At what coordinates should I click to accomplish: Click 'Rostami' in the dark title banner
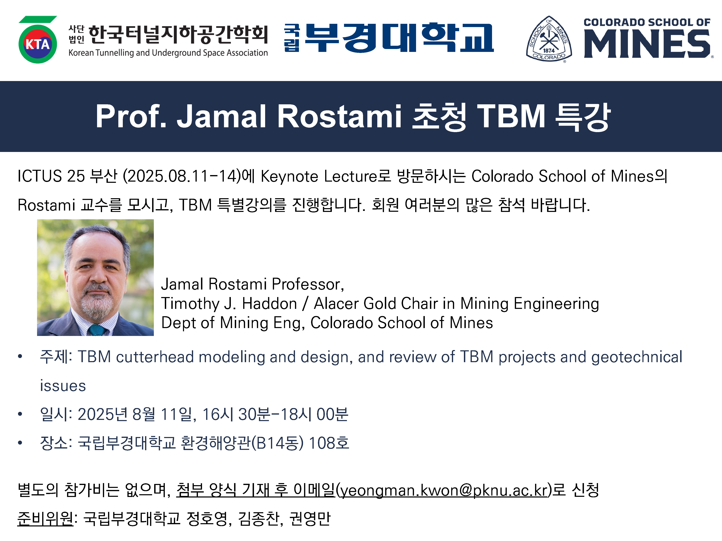tap(339, 116)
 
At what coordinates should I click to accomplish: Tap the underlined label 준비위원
tap(45, 519)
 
